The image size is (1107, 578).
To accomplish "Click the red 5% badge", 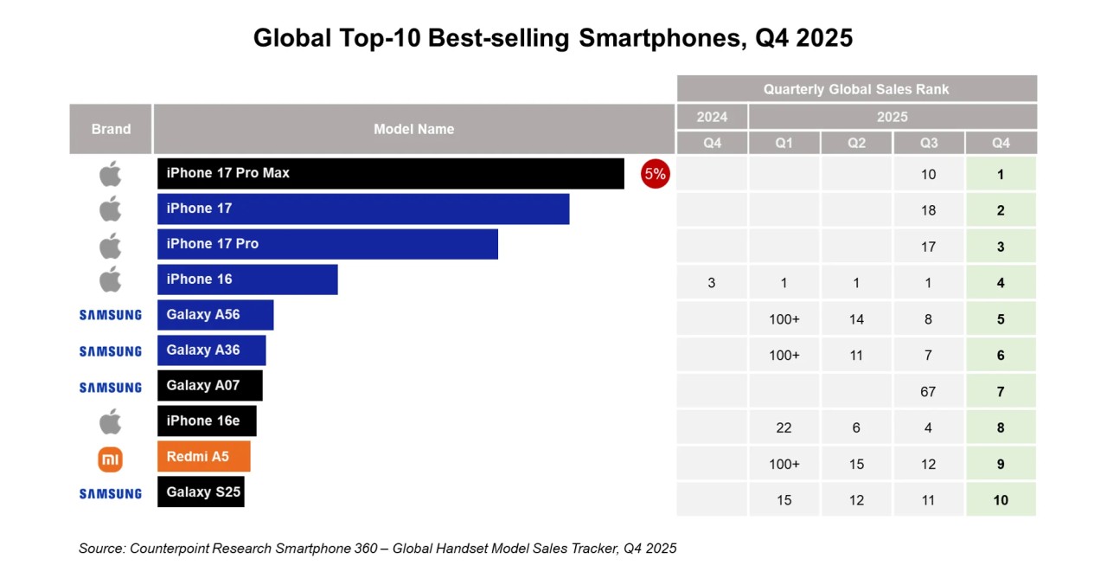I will click(x=655, y=174).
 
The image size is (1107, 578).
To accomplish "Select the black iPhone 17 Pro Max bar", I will click(x=390, y=173).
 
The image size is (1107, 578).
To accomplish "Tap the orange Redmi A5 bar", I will click(x=203, y=456).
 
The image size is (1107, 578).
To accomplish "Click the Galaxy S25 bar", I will click(x=201, y=491).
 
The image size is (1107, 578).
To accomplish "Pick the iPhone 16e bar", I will click(x=207, y=421).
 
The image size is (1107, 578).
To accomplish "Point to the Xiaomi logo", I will click(x=110, y=459).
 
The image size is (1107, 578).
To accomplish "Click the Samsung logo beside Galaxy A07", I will click(x=110, y=388).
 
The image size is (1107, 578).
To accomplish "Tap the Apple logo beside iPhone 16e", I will click(x=110, y=422).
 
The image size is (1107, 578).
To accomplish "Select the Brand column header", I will click(x=111, y=129).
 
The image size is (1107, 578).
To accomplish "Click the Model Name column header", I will click(x=413, y=129).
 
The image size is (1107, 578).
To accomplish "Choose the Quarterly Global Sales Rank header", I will click(x=856, y=89).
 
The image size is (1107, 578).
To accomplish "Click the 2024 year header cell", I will click(x=712, y=117).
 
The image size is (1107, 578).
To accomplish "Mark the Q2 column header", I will click(x=856, y=143).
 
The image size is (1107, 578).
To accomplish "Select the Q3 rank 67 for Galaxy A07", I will click(x=928, y=392).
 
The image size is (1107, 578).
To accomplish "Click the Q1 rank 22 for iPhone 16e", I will click(x=784, y=427).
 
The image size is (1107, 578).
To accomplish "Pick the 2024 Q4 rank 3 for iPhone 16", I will click(x=712, y=283).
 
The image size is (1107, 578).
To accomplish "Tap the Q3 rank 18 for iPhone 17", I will click(x=928, y=210).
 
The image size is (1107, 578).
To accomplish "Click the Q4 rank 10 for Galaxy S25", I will click(x=1001, y=500).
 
